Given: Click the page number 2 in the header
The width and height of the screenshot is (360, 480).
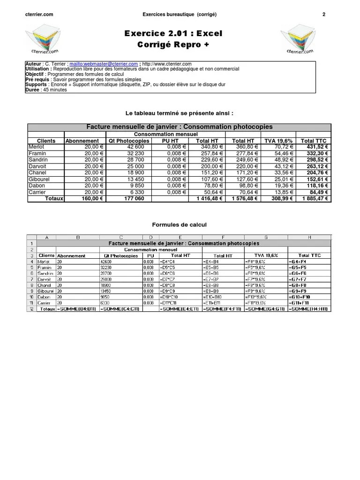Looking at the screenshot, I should pyautogui.click(x=323, y=15).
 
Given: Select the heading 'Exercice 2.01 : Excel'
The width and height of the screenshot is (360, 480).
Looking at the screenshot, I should pyautogui.click(x=173, y=33).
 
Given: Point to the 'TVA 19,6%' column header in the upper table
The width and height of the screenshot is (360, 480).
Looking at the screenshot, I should pyautogui.click(x=278, y=141).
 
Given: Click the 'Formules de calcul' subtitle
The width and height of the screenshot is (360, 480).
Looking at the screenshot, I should pyautogui.click(x=180, y=225).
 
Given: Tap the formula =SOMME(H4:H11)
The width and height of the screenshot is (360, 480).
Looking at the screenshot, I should pyautogui.click(x=309, y=309).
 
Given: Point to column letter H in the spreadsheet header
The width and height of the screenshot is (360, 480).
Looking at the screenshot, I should pyautogui.click(x=309, y=237).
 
